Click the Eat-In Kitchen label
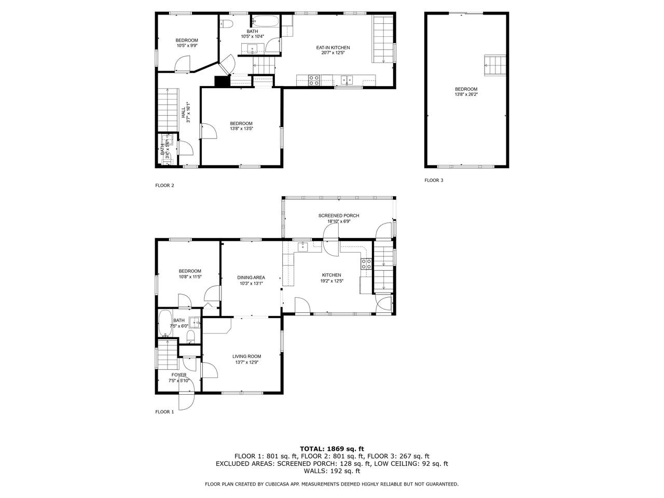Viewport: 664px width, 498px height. point(333,48)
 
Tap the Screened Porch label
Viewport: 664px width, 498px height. point(339,216)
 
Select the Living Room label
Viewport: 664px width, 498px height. point(246,356)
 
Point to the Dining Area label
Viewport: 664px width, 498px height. point(251,278)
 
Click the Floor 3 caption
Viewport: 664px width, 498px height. point(434,180)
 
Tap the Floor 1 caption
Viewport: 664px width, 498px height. point(164,412)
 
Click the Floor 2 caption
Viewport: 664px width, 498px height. point(164,185)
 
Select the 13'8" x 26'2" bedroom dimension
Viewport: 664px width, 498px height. point(466,94)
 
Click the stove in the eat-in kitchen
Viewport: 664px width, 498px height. point(314,80)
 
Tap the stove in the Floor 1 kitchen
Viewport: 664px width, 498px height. point(366,264)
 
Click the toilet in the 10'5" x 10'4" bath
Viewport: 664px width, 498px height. point(226,23)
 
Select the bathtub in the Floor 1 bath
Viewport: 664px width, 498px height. point(165,323)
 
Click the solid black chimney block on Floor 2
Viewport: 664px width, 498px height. point(220,81)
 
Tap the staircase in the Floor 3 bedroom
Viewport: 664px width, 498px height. point(495,65)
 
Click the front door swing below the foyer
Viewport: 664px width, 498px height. point(186,400)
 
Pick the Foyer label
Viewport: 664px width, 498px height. point(179,375)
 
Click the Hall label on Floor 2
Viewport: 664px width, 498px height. point(183,113)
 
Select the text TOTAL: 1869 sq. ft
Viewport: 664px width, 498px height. point(332,449)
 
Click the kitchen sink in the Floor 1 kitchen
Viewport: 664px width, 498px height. point(303,247)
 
